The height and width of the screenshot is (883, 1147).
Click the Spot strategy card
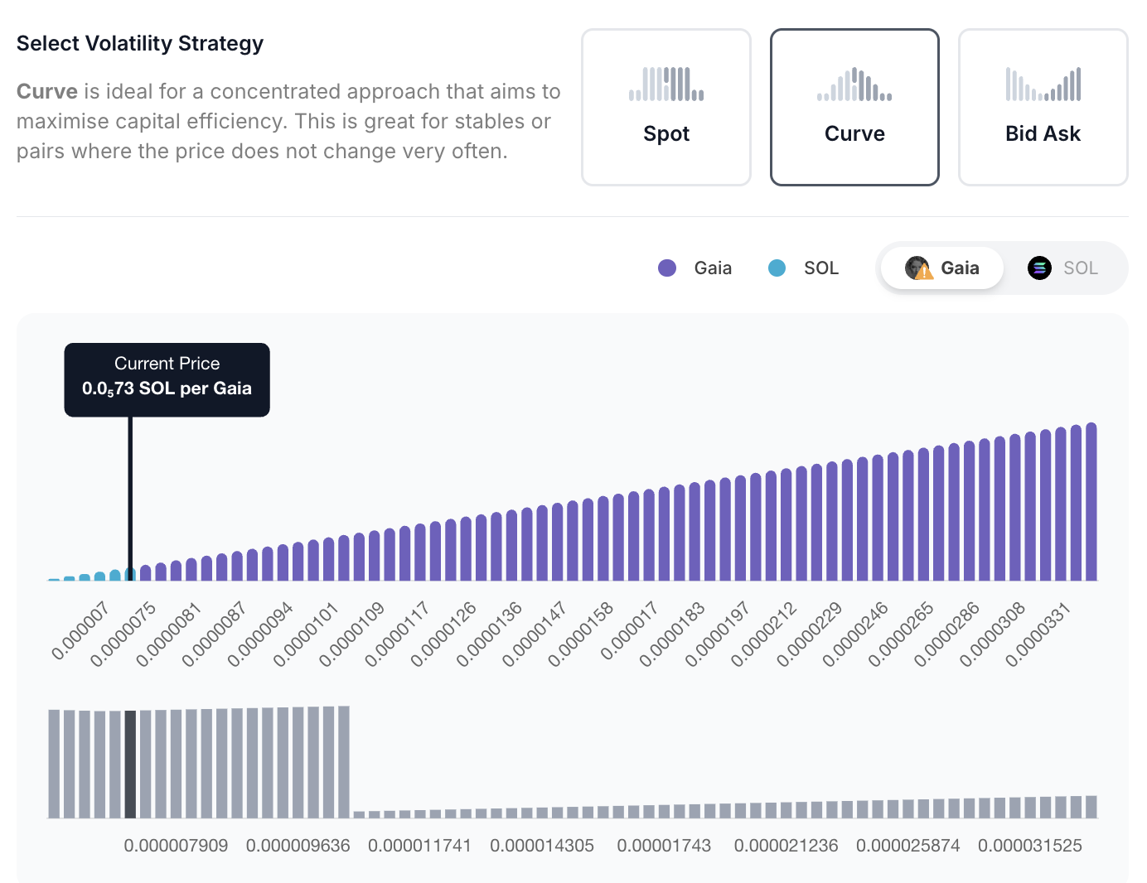[666, 108]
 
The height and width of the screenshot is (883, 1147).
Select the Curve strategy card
[854, 108]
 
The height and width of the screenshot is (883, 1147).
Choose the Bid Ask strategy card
[1043, 108]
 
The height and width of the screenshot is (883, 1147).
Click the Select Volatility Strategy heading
[140, 43]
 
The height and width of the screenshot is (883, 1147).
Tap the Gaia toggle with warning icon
[942, 268]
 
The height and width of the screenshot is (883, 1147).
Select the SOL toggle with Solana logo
[1063, 268]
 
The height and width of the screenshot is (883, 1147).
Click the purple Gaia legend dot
[667, 268]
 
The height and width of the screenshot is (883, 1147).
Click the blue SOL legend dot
[777, 268]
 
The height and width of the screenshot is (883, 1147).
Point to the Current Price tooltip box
[167, 379]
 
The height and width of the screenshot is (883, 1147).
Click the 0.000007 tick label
[80, 631]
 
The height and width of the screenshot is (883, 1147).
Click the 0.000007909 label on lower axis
[176, 846]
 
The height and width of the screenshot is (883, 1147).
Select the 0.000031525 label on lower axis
[1030, 846]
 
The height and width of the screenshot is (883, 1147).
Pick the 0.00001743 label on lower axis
[664, 846]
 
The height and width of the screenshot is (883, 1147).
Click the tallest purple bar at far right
[1091, 502]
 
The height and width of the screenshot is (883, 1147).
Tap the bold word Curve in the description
[47, 91]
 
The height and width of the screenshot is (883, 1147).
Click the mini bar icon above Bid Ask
[1043, 84]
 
